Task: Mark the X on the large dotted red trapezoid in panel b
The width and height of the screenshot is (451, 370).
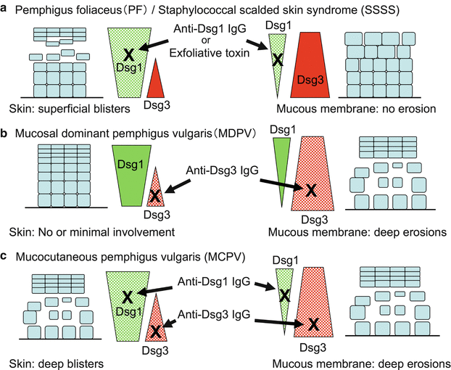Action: click(310, 190)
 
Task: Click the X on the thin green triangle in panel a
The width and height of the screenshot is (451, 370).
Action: click(276, 60)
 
